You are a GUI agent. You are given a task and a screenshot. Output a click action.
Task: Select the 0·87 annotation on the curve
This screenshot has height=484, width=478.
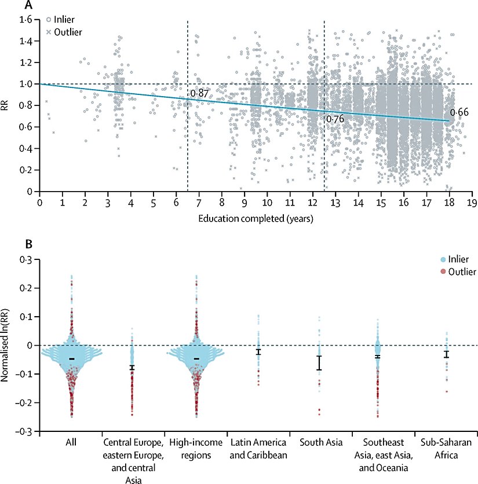pyautogui.click(x=200, y=93)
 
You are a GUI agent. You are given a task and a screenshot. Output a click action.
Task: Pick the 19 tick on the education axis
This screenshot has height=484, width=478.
pyautogui.click(x=473, y=203)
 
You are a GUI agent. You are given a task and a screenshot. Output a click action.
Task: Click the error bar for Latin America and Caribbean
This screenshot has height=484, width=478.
pyautogui.click(x=259, y=351)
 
